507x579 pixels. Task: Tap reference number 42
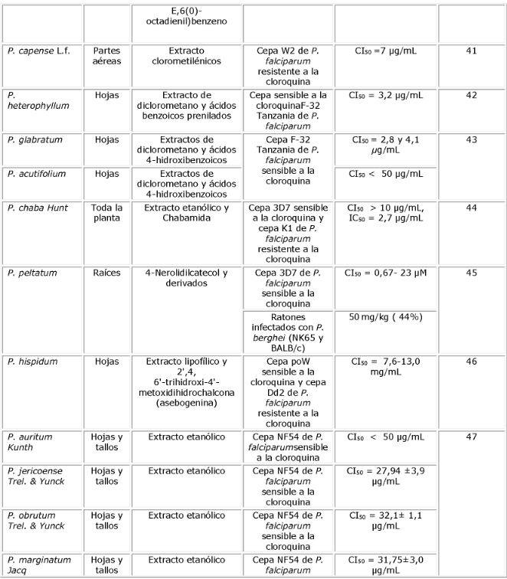tap(471, 96)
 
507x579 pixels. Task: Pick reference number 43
tap(471, 141)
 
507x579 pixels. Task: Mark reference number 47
tap(471, 437)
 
